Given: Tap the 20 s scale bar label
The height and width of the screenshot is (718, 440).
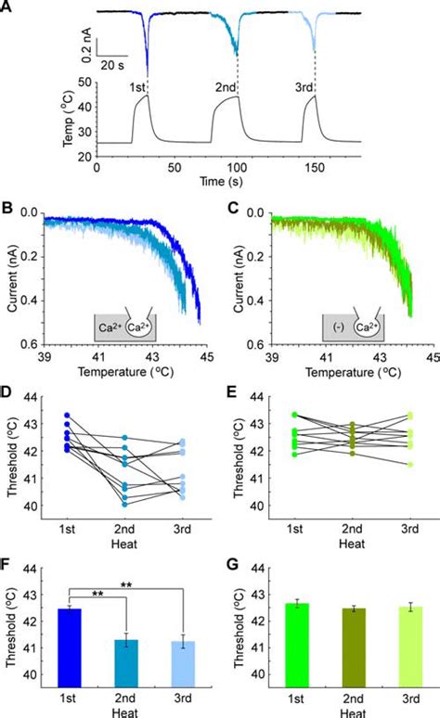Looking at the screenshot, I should coord(114,68).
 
